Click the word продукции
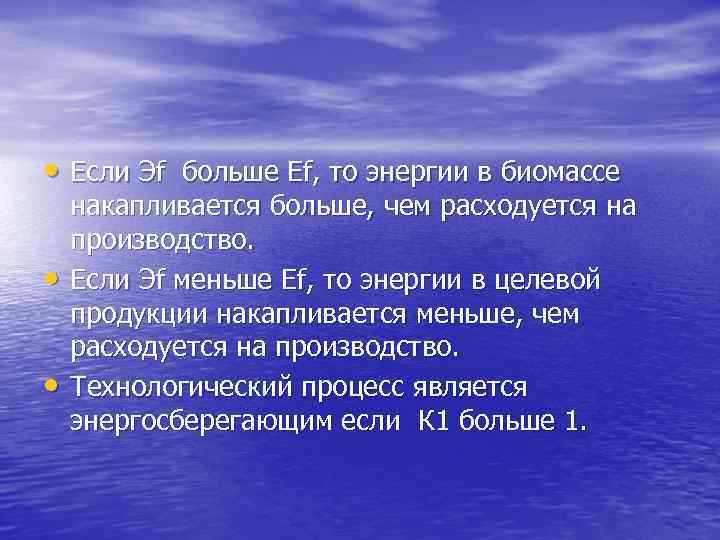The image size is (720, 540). pyautogui.click(x=131, y=316)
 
